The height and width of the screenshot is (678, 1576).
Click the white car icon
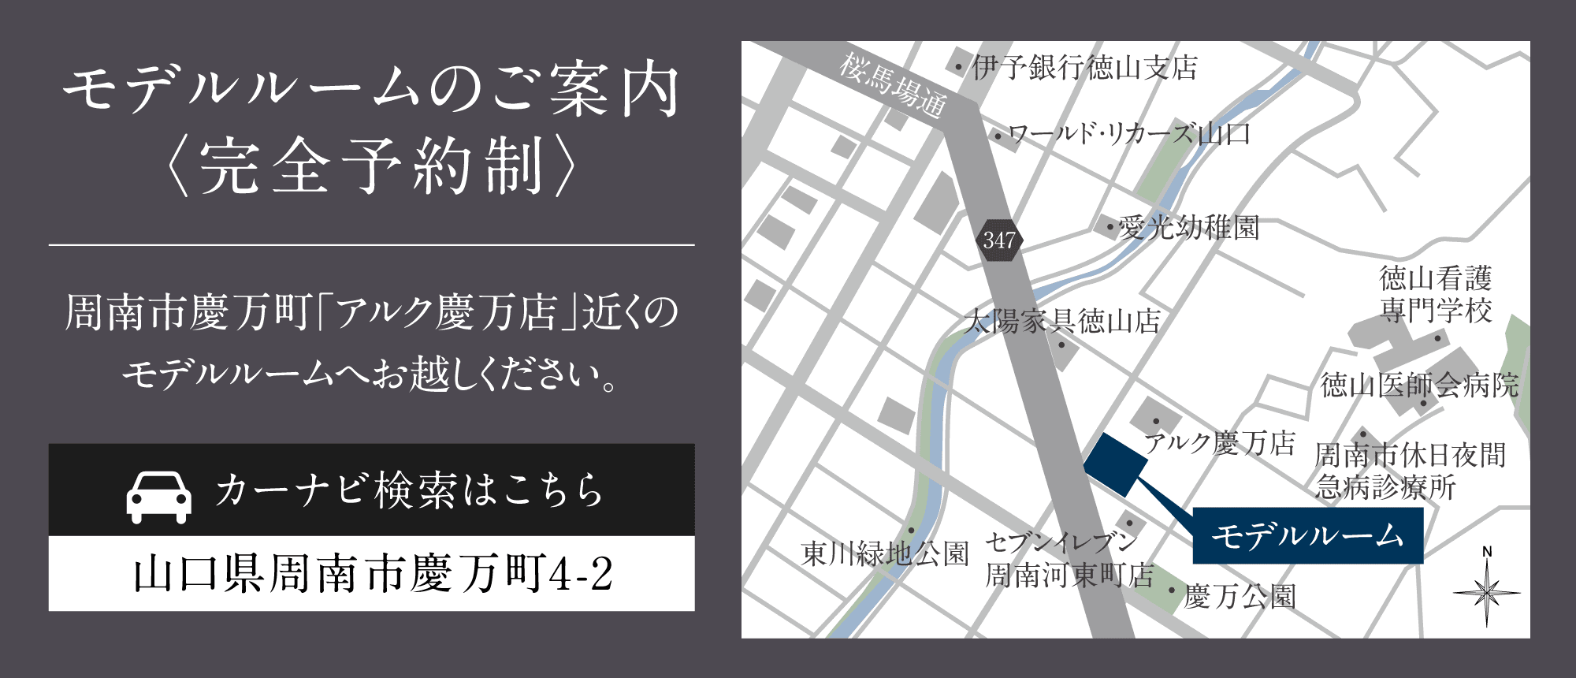[x=159, y=497]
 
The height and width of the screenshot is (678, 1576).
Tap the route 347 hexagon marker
[x=999, y=240]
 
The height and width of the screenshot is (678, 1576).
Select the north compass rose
[x=1486, y=590]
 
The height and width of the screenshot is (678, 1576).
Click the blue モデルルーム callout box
[x=1307, y=536]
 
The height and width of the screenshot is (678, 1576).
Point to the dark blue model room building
[x=1116, y=464]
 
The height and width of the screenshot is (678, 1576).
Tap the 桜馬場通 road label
[x=893, y=85]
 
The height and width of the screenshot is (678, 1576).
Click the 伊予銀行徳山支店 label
[x=1084, y=68]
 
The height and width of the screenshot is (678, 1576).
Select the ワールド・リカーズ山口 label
[x=1129, y=135]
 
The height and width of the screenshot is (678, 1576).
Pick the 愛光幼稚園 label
[x=1188, y=228]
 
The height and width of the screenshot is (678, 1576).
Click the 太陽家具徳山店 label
[x=1061, y=321]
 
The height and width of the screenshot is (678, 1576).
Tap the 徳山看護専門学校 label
[x=1436, y=294]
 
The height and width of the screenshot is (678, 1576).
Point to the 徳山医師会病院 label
[x=1419, y=385]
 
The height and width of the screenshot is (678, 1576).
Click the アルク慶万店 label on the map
[x=1219, y=443]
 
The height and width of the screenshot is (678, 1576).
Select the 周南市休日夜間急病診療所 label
[x=1410, y=471]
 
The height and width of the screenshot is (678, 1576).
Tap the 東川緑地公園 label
[x=884, y=553]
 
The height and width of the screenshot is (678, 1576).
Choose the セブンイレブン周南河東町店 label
[x=1068, y=558]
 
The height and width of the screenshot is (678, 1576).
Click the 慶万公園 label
[x=1240, y=597]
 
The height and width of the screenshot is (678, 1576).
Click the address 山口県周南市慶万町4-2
[x=372, y=573]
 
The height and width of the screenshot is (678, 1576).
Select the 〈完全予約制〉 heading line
[x=371, y=166]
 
